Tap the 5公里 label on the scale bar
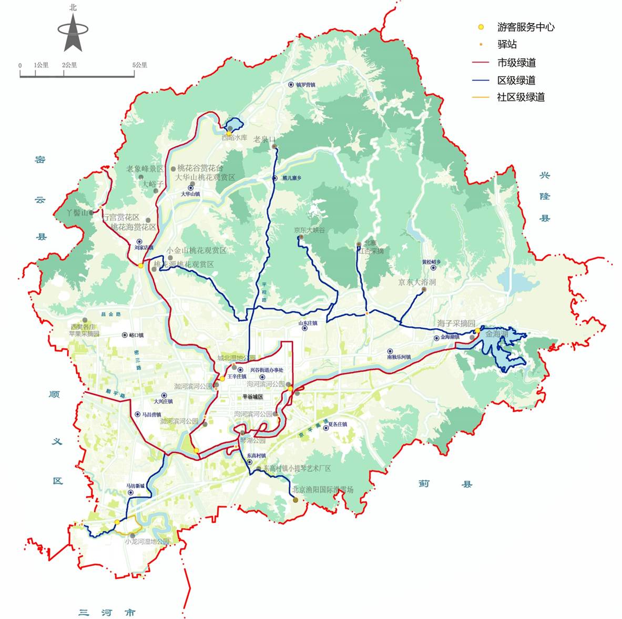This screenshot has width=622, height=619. click(x=140, y=65)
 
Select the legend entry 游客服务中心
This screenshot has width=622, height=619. click(x=525, y=27)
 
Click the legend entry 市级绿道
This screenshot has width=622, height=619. click(x=516, y=63)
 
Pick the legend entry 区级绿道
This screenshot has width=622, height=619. click(x=516, y=80)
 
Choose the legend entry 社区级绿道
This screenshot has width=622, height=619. click(x=521, y=97)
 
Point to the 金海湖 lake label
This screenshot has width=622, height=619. click(x=496, y=334)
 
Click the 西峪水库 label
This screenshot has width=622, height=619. click(x=234, y=138)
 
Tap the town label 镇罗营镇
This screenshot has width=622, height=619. click(x=305, y=85)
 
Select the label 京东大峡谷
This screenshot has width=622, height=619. click(x=309, y=230)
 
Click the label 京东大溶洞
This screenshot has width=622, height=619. click(x=417, y=282)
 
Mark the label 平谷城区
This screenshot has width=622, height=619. click(x=252, y=397)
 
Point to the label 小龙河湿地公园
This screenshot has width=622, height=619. click(x=147, y=542)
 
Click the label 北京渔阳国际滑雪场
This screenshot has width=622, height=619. click(x=322, y=490)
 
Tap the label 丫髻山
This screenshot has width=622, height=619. click(x=77, y=213)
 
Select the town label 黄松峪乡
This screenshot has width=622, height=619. click(x=431, y=262)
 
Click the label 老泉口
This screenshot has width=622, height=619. click(x=264, y=139)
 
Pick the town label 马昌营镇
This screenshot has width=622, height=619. click(x=151, y=414)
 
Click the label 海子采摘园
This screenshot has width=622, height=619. click(x=456, y=323)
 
